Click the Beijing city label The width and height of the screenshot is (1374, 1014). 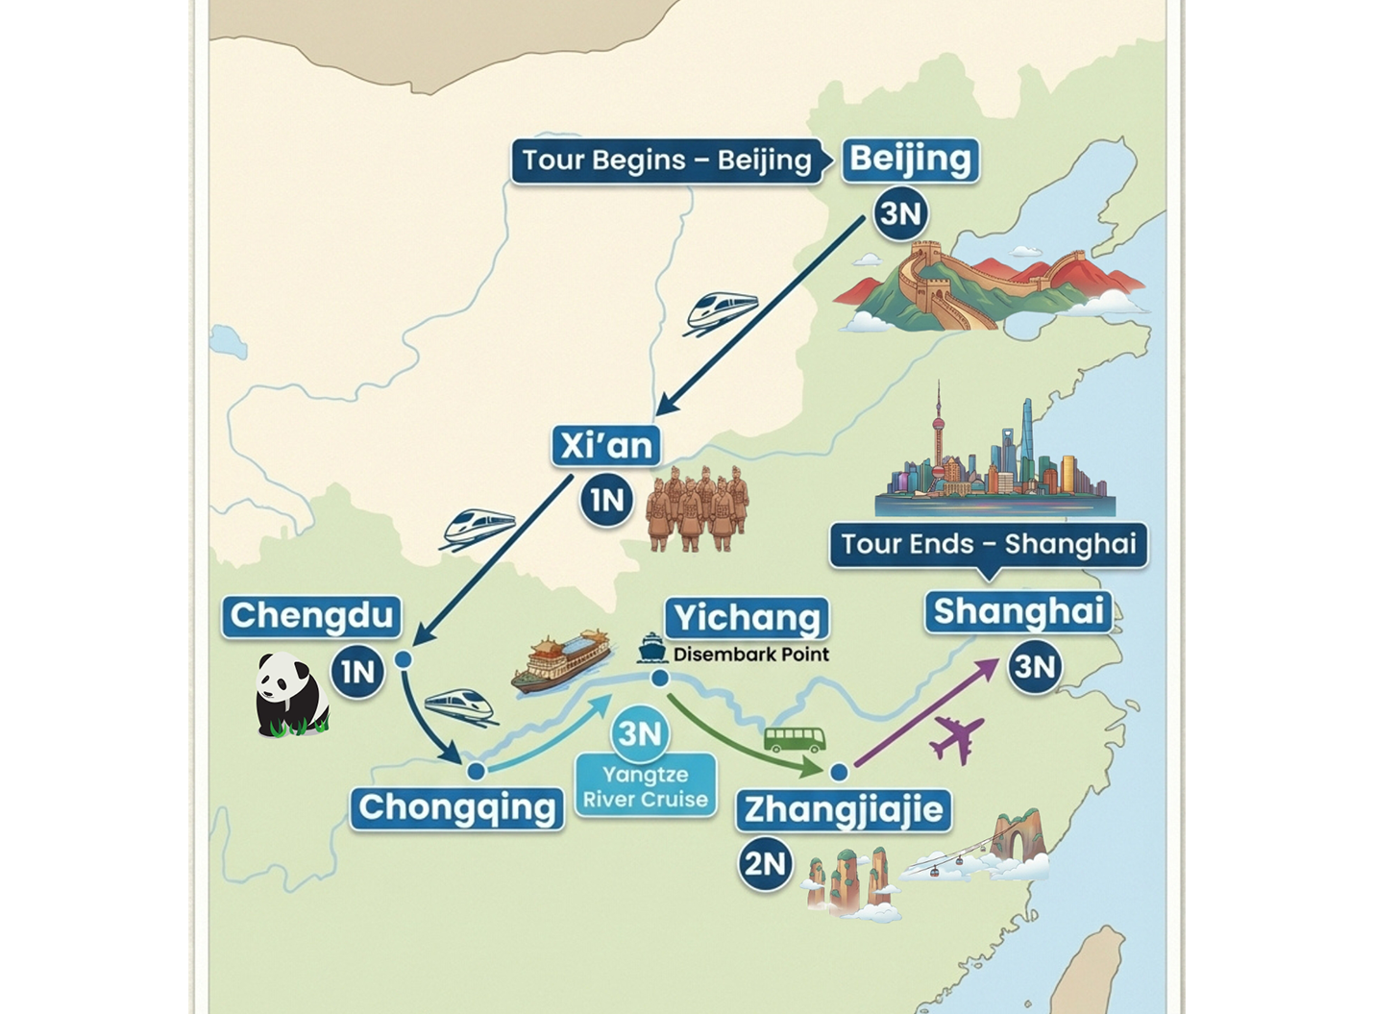coord(910,159)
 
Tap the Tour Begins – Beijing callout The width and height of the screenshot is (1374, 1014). coord(667,161)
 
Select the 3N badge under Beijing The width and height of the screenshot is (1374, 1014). coord(900,213)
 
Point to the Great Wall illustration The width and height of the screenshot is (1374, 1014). coord(990,284)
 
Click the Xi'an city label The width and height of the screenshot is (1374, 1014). coord(605,446)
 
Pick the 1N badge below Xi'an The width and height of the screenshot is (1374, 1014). coord(606,500)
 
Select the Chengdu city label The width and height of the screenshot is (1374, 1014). coord(312,615)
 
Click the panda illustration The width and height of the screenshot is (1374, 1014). coord(290,695)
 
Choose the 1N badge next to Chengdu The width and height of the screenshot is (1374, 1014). coord(357,671)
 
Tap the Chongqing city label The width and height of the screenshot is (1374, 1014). coord(456,807)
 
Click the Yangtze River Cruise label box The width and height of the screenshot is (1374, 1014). coord(646,787)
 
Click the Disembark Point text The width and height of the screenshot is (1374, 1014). coord(750,655)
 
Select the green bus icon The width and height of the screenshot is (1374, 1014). coord(794,739)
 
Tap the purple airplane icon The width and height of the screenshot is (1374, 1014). coord(957,738)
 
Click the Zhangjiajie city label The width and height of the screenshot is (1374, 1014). coord(844,809)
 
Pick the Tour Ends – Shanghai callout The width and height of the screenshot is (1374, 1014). coord(989,544)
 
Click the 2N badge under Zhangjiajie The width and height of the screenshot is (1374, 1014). coord(765,864)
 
